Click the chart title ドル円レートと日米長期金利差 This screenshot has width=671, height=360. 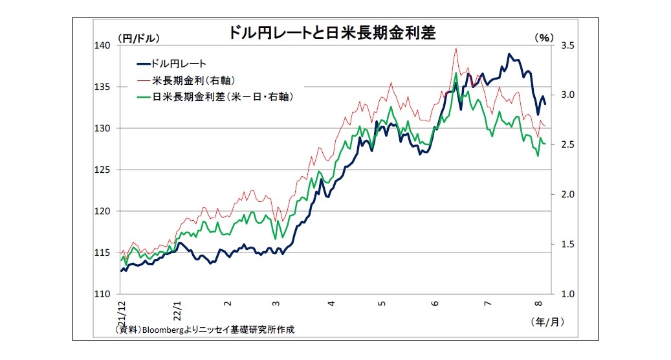coord(332,34)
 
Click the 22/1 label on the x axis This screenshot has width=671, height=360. coord(175,306)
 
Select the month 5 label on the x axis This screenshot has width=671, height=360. coord(382,302)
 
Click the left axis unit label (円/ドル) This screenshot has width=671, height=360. coord(138,38)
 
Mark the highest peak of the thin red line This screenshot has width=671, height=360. coord(456,48)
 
